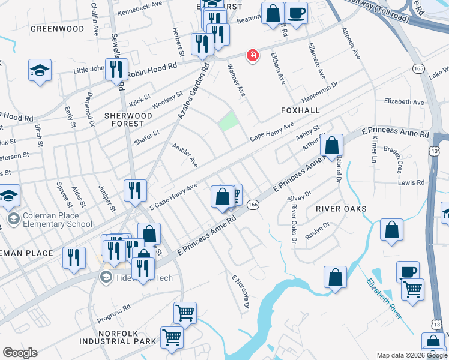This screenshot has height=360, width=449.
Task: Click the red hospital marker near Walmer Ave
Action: click(x=253, y=56)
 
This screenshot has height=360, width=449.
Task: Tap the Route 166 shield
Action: click(x=253, y=205)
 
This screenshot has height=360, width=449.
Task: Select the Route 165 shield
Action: click(x=418, y=68)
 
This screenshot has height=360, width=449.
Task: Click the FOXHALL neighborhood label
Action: click(x=300, y=111)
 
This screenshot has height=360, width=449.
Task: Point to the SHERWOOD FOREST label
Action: click(x=124, y=119)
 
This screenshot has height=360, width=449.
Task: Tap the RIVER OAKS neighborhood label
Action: click(x=340, y=208)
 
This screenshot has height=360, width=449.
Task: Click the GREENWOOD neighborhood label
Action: click(x=57, y=28)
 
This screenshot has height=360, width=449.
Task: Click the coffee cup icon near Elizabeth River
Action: click(x=408, y=271)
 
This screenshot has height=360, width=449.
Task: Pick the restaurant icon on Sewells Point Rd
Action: click(x=116, y=69)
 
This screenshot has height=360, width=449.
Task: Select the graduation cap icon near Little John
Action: click(x=40, y=70)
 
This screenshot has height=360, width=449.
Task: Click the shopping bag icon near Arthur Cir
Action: click(x=331, y=145)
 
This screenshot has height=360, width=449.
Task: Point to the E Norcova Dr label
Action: click(x=240, y=293)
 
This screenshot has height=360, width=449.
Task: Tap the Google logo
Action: click(x=20, y=353)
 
